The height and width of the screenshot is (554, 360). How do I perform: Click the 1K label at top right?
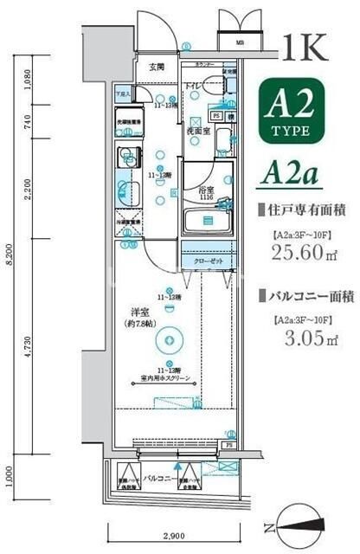[x=304, y=48]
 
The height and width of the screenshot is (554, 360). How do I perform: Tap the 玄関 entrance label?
[x=156, y=67]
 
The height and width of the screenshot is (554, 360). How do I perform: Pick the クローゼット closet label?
[x=207, y=259]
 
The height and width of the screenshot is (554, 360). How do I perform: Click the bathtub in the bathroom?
[x=208, y=222]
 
